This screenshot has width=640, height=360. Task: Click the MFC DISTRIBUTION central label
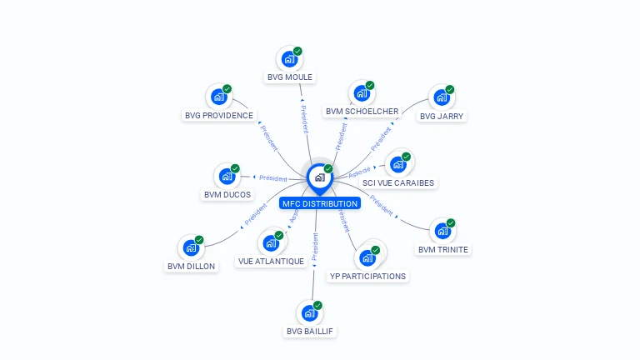click(320, 203)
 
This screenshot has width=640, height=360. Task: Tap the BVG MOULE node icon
click(289, 59)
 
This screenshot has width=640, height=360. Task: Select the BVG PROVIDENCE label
click(219, 116)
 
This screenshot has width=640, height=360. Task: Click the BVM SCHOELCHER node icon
click(362, 93)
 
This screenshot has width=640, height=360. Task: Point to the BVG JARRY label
click(442, 116)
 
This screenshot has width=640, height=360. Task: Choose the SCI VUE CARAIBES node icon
click(398, 164)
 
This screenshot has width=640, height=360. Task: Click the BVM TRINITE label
click(443, 249)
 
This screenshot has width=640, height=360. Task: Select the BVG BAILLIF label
click(310, 331)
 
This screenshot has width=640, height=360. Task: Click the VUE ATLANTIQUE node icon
click(271, 242)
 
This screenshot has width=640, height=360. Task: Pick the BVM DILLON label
click(191, 267)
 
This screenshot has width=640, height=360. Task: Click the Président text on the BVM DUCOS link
click(273, 177)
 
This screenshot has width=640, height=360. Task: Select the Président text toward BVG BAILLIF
click(315, 247)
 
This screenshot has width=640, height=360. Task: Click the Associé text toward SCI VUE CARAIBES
click(359, 172)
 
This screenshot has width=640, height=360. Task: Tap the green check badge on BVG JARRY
click(450, 90)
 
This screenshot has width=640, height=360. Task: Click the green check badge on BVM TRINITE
click(451, 223)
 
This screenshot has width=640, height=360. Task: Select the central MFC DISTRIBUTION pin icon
click(319, 177)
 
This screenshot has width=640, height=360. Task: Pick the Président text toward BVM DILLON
click(255, 214)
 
